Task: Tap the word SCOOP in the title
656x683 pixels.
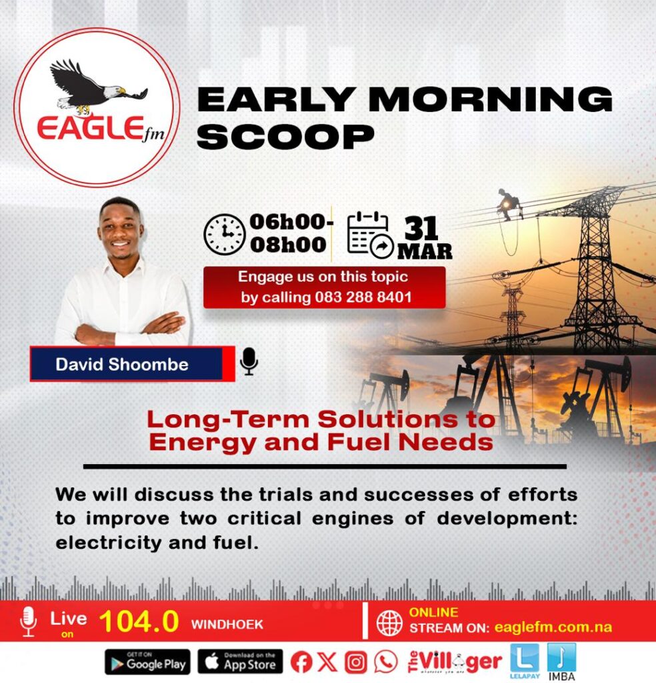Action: (285, 137)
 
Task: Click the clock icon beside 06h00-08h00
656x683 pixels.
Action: (225, 234)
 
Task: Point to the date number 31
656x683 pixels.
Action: (421, 228)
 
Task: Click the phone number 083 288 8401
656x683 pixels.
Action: (363, 297)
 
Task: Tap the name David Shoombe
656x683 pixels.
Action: (122, 364)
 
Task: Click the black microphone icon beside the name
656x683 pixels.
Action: (249, 361)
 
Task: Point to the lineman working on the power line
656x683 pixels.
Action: (509, 204)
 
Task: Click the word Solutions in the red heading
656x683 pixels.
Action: (388, 420)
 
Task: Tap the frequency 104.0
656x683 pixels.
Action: (139, 621)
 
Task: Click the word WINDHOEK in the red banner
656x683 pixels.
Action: (227, 624)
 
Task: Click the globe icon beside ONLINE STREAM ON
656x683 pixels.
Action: (389, 623)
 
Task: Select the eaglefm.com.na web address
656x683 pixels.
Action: (553, 627)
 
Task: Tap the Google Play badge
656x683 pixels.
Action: (147, 662)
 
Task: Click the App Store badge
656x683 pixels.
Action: (240, 662)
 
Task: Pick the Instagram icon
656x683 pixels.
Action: (355, 662)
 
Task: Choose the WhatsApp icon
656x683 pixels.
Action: (386, 662)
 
